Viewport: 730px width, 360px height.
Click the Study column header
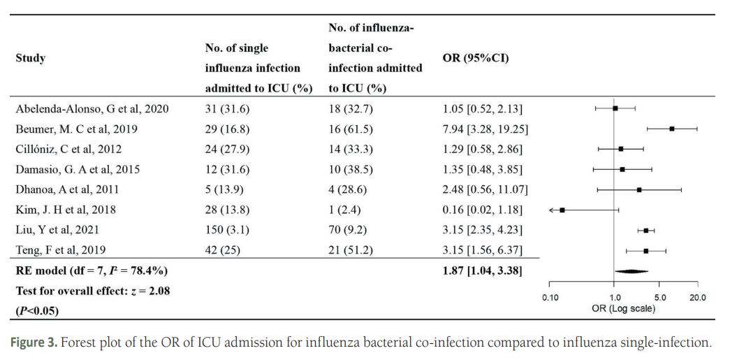click(30, 58)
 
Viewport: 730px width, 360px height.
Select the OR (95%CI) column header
click(476, 58)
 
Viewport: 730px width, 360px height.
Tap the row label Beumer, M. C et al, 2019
click(77, 129)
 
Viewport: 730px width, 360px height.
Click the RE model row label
click(92, 271)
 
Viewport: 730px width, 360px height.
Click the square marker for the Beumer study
click(671, 129)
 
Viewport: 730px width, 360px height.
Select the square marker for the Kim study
click(562, 210)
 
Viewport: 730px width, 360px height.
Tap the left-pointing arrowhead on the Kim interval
click(552, 210)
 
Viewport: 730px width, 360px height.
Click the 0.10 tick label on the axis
click(550, 298)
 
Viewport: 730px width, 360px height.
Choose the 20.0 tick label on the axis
click(697, 298)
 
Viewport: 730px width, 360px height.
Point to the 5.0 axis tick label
click(660, 298)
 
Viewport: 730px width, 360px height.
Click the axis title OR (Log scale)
click(623, 308)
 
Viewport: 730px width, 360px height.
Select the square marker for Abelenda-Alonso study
click(615, 108)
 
